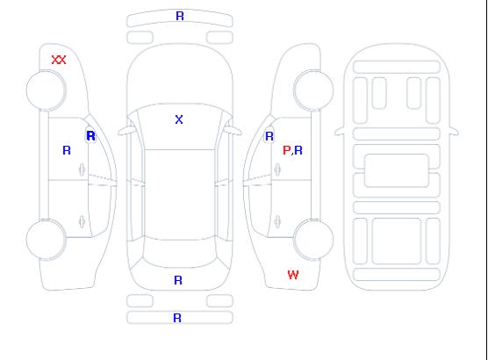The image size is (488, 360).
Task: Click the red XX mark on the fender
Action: click(59, 60)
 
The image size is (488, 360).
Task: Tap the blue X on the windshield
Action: click(179, 119)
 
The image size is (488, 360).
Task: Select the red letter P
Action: click(286, 150)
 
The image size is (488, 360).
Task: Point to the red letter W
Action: click(293, 275)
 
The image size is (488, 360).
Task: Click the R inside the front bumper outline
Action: click(180, 16)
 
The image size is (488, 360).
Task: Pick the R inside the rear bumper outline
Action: click(177, 318)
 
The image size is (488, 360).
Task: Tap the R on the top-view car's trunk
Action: click(178, 280)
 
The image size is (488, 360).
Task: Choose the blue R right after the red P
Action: click(298, 150)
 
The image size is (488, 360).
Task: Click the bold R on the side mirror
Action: click(91, 136)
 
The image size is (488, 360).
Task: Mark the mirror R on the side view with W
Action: click(269, 136)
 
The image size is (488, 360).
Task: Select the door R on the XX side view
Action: click(67, 150)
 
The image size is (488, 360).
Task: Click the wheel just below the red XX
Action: click(46, 90)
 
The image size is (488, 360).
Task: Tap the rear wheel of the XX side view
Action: click(46, 240)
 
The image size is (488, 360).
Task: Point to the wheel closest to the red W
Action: click(313, 240)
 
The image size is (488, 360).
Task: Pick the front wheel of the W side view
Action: click(313, 90)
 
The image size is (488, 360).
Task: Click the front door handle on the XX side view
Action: click(82, 169)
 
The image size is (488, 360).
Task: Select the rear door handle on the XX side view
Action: click(82, 221)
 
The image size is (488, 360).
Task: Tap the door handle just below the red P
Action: click(277, 169)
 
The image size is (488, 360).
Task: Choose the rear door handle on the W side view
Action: click(277, 221)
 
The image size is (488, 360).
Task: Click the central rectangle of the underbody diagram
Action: click(397, 170)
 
